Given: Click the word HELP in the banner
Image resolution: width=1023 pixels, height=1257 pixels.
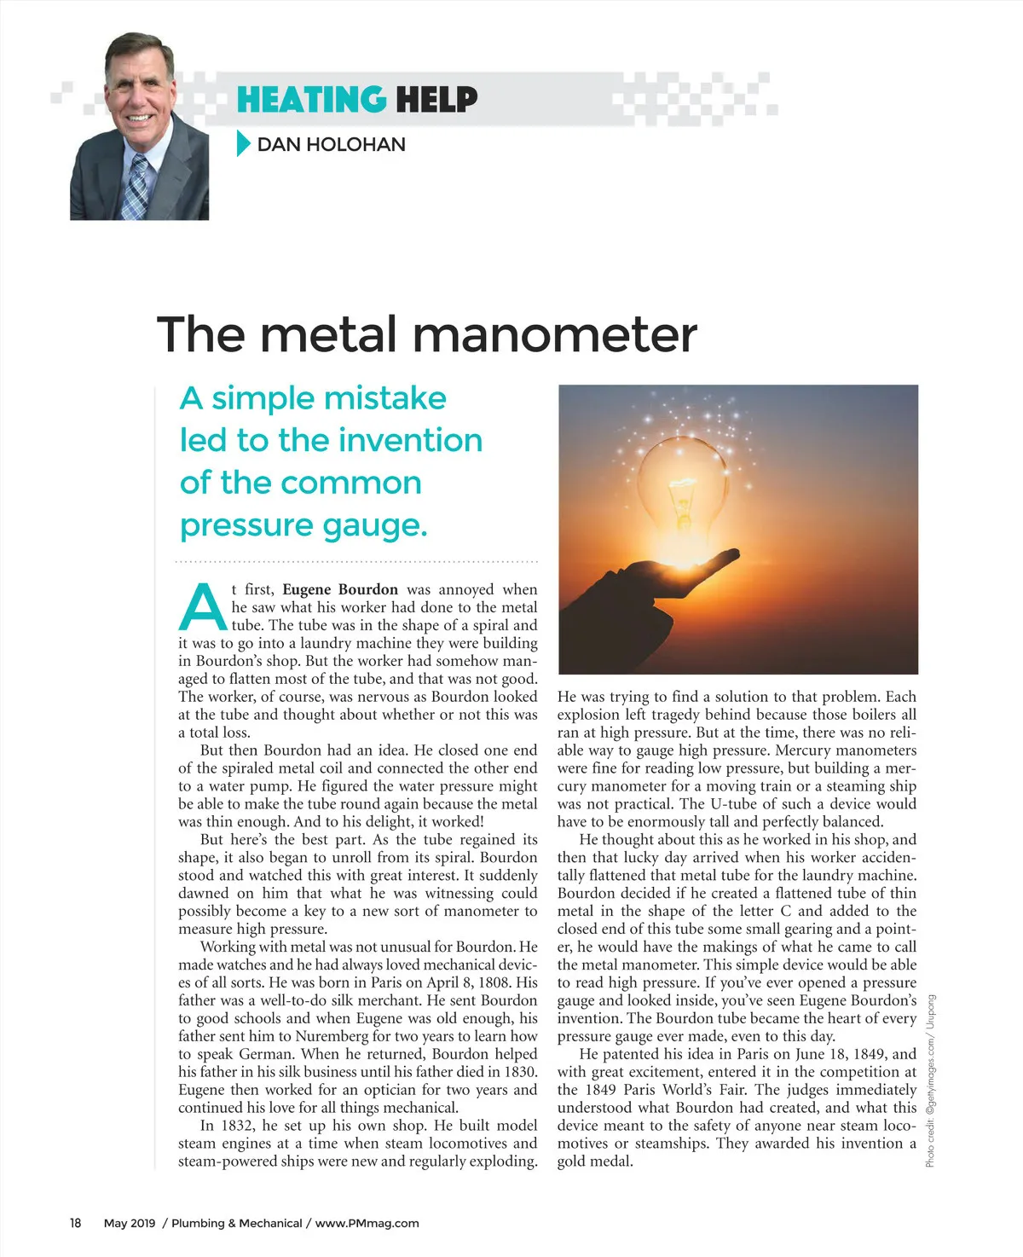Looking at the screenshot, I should point(436,100).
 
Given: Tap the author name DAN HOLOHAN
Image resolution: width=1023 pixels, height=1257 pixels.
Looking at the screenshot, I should point(331,144).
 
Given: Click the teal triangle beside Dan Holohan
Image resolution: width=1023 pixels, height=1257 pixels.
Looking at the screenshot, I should point(243,143).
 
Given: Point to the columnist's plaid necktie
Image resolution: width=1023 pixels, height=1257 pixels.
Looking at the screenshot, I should point(136,187).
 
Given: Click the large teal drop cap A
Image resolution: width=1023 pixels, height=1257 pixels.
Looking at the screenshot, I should point(202,606).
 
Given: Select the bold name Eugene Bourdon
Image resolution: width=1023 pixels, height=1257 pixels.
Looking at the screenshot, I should point(339,589).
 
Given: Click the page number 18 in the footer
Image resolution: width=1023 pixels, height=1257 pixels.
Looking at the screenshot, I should point(76,1223).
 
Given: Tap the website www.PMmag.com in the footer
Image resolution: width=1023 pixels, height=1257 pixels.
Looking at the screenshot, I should point(367,1223).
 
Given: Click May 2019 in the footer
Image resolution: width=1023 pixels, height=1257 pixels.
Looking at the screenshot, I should point(130,1223).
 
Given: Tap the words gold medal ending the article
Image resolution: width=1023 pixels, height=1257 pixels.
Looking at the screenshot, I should point(595,1161).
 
